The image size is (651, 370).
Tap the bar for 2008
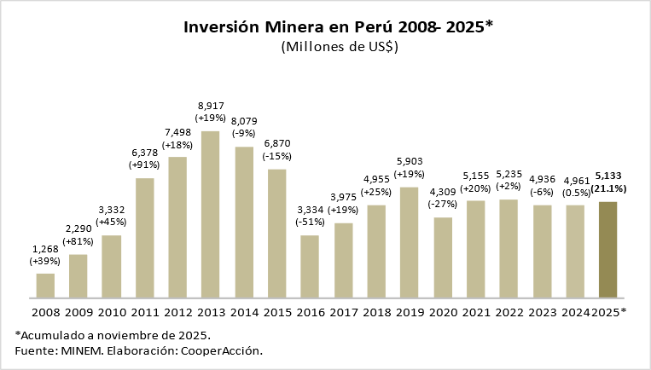[x=45, y=286]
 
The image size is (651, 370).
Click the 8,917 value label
[x=210, y=105]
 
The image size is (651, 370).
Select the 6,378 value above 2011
[x=143, y=151]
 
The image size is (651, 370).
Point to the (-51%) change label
[x=310, y=222]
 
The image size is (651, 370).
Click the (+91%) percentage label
[x=143, y=164]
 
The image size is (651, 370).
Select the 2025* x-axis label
[x=608, y=313]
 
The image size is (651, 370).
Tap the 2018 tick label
[x=376, y=313]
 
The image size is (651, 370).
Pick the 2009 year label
[x=78, y=313]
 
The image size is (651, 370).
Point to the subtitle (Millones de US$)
[x=340, y=48]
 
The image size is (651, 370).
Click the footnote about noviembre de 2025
[x=112, y=334]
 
